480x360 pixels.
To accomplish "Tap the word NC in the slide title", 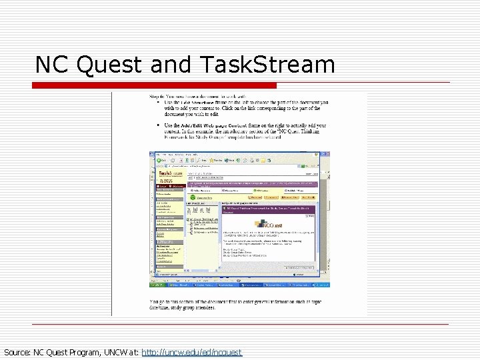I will [x=52, y=65].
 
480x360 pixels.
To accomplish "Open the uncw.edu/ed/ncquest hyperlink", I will [x=192, y=352].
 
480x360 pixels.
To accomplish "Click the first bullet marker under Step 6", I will [x=157, y=102].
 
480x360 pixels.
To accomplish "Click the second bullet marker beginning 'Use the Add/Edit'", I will [x=157, y=125].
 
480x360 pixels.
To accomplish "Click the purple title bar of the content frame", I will [x=267, y=209].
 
